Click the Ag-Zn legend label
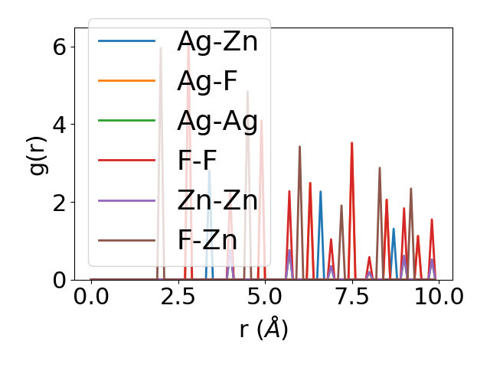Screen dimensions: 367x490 coord(217,41)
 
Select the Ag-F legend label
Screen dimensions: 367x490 coord(207,81)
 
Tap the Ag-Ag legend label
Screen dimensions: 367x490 coord(217,121)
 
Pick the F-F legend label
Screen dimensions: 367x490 coord(198,161)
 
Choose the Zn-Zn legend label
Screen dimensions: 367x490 coord(217,200)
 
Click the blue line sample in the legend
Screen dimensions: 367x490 coord(127,41)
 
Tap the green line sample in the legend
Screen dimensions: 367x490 coord(127,121)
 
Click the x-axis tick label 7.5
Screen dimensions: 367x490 coord(351,297)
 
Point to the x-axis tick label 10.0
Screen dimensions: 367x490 coord(439,297)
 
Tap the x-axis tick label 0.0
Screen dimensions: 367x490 coord(91,297)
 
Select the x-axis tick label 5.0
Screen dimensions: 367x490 coord(265,297)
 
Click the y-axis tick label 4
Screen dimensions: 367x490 coord(60,125)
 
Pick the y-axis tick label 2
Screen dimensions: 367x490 coord(60,203)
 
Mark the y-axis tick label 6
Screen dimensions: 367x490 coord(60,47)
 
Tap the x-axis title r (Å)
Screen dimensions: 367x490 coord(263,330)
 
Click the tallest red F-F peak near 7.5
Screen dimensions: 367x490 coord(351,143)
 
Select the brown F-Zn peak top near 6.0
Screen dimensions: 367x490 coord(299,147)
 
